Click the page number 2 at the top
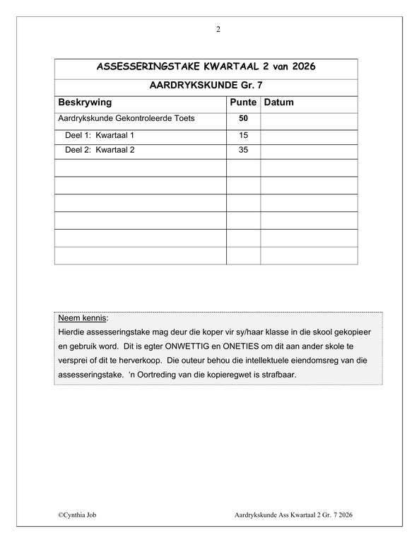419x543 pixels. [x=218, y=29]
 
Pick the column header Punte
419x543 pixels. [x=243, y=102]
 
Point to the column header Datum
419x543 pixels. [x=278, y=102]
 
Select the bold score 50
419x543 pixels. [x=243, y=118]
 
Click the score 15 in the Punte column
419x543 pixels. [x=243, y=134]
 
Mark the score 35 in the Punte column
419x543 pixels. [x=243, y=150]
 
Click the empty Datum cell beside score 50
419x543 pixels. [x=309, y=118]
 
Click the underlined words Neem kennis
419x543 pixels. [x=78, y=318]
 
